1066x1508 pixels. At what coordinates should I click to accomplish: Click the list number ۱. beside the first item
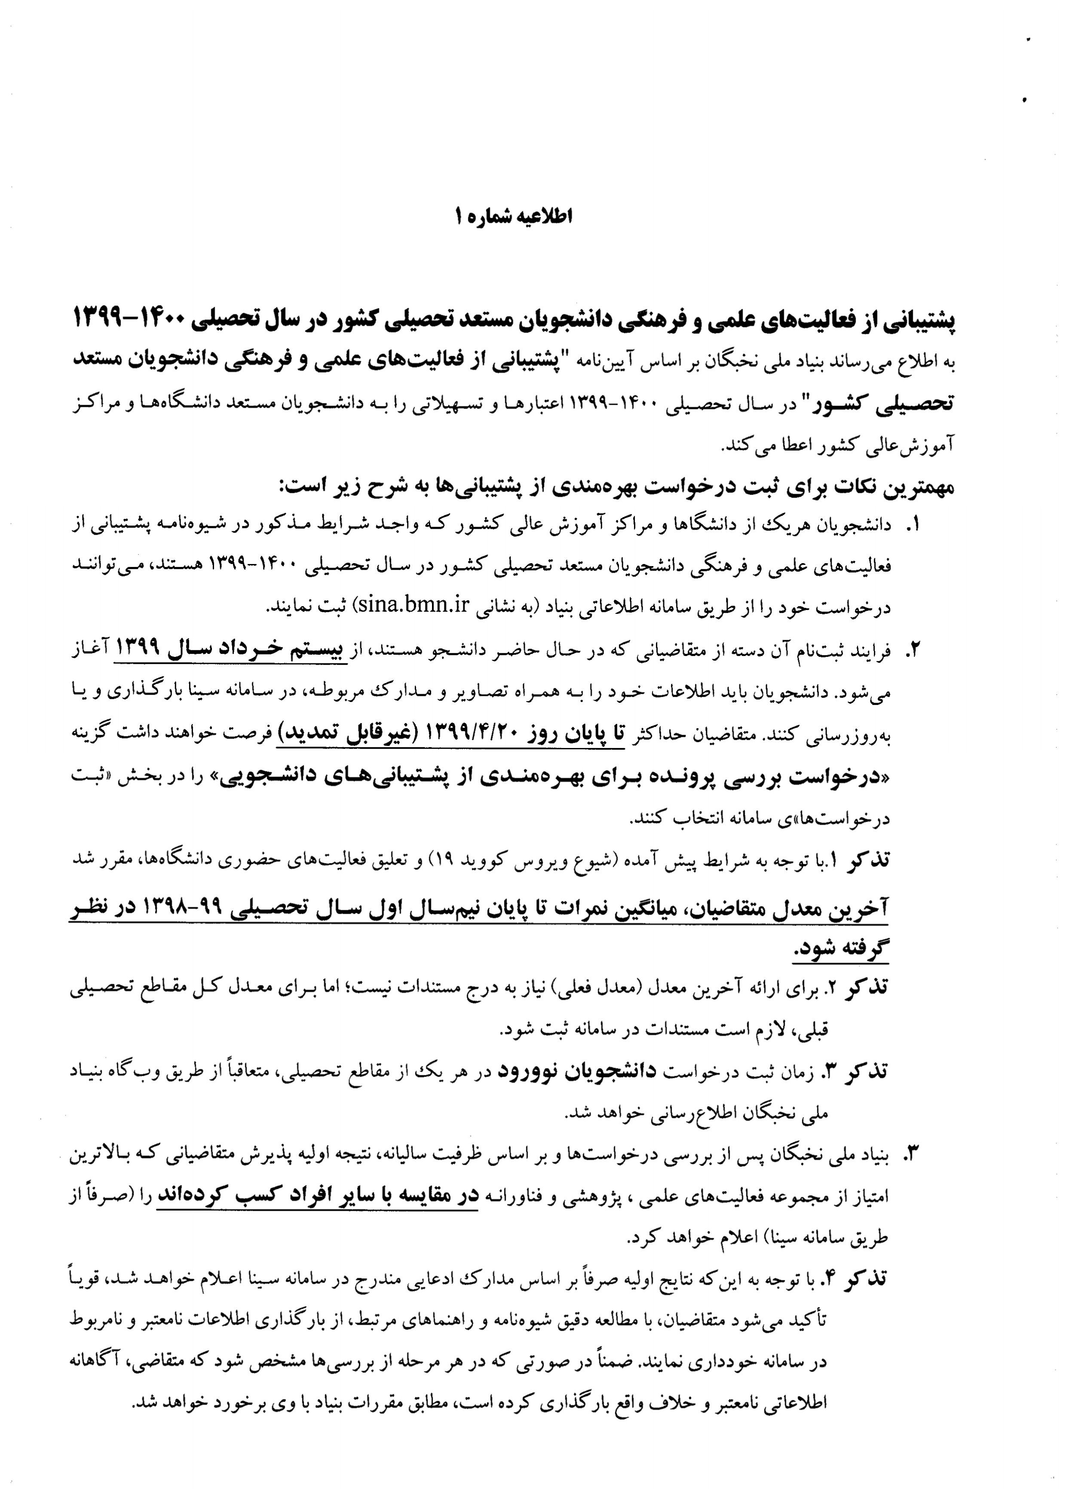pyautogui.click(x=913, y=524)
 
